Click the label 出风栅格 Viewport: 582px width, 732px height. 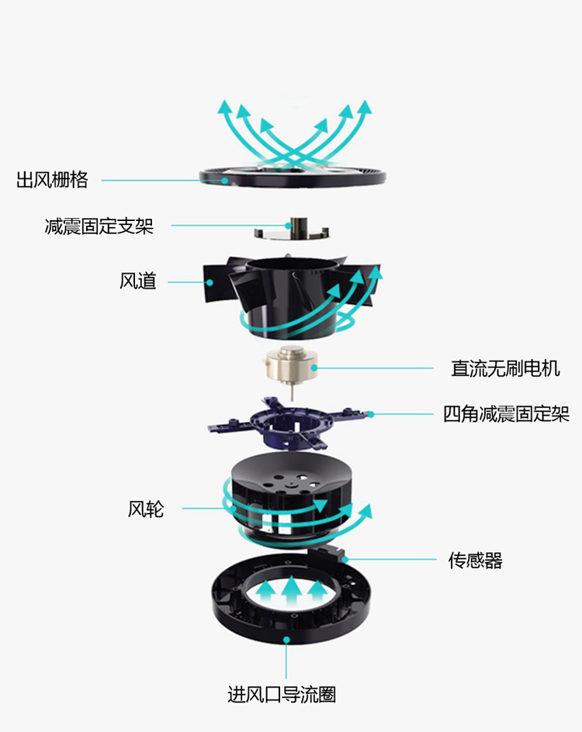pos(52,181)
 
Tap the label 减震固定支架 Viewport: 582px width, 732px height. pos(99,226)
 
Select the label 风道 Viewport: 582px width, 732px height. pos(138,281)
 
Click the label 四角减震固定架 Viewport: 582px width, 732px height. pos(506,414)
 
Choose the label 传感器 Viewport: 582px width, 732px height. pos(475,560)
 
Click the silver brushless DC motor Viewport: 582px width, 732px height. pos(289,367)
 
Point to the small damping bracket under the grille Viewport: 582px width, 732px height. pos(292,230)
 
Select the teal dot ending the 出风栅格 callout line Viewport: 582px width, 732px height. pos(226,181)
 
